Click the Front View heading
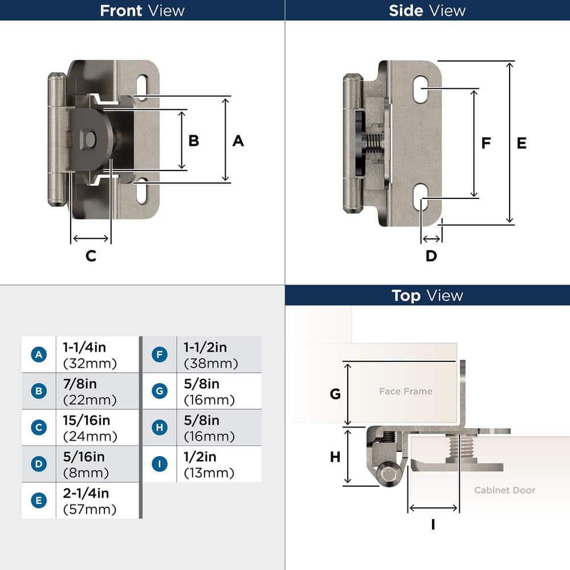click(x=142, y=10)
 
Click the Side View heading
click(x=427, y=10)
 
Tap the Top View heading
click(x=427, y=295)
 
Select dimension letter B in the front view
click(x=194, y=140)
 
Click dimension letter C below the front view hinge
click(x=91, y=256)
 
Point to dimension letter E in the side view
click(x=522, y=143)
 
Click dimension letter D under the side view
click(x=431, y=256)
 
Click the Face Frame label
click(x=405, y=391)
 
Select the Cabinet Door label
click(x=504, y=490)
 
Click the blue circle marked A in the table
click(x=38, y=355)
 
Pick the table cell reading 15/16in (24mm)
click(x=89, y=428)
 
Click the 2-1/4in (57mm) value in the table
click(x=89, y=501)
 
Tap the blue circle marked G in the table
click(x=160, y=391)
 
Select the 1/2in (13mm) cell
click(x=209, y=465)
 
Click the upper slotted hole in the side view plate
click(x=421, y=89)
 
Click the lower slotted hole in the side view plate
click(x=421, y=198)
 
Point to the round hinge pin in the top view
click(x=389, y=474)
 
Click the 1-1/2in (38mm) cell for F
click(x=210, y=355)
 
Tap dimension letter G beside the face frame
click(x=335, y=394)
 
